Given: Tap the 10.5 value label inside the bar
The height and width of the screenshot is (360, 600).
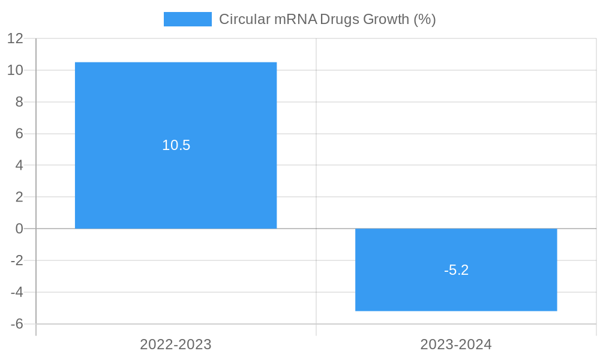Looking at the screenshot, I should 176,145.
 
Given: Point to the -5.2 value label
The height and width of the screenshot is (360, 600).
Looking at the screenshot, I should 456,270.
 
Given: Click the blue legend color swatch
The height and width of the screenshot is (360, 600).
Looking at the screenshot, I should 188,19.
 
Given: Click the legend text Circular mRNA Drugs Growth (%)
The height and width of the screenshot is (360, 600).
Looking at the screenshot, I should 327,19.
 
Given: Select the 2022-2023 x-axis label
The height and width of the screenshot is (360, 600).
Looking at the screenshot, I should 176,344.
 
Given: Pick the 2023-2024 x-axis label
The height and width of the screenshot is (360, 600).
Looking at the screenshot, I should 456,344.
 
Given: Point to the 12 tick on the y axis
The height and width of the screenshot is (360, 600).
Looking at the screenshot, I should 15,38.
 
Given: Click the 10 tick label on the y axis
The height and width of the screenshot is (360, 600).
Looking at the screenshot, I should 15,70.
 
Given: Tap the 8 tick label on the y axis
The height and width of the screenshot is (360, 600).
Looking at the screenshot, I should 19,102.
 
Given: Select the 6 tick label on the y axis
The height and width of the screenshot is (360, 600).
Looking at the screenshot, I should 19,134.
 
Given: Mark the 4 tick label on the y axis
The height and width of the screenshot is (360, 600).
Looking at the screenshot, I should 19,165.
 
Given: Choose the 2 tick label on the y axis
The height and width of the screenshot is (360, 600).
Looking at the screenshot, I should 19,197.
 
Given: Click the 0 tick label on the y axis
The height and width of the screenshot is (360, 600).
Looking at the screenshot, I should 19,229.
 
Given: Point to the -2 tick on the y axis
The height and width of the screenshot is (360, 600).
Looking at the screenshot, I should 17,260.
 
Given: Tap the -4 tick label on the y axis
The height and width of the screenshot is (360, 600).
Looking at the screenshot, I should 17,292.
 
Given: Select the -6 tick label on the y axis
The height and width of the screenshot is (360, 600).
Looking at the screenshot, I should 17,324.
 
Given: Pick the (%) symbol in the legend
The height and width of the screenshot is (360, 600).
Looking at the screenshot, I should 425,19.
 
